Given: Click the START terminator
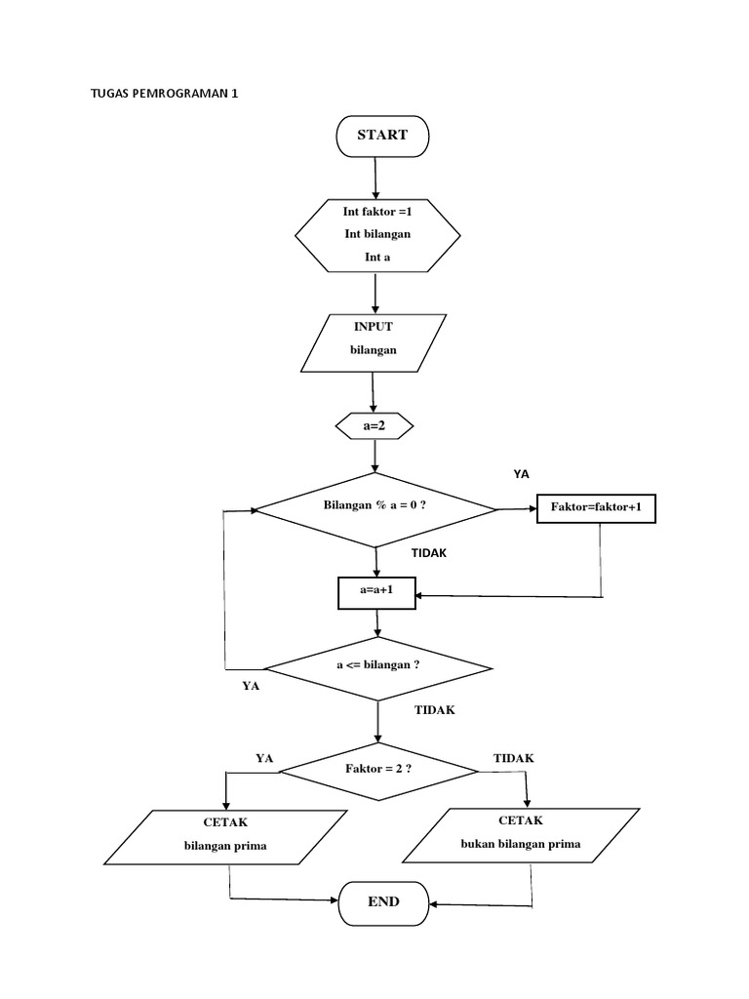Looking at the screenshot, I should [381, 136].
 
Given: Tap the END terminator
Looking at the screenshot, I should [383, 902].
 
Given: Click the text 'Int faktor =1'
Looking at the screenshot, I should [376, 212].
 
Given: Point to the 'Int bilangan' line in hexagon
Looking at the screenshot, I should [377, 234].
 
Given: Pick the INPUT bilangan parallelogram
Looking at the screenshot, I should [374, 342].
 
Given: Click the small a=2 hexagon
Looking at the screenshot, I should [374, 426].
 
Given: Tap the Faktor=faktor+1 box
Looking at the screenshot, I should [596, 508].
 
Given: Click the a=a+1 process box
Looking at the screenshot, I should [375, 592].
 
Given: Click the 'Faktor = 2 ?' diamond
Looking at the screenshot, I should [378, 770].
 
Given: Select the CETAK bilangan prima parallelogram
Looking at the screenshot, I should [225, 836].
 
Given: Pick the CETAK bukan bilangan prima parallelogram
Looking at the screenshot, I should [521, 835].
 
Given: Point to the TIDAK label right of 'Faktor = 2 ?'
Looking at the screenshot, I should [513, 758].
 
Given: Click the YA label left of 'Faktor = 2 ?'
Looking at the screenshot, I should [264, 758].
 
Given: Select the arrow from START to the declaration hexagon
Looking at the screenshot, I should [375, 177].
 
